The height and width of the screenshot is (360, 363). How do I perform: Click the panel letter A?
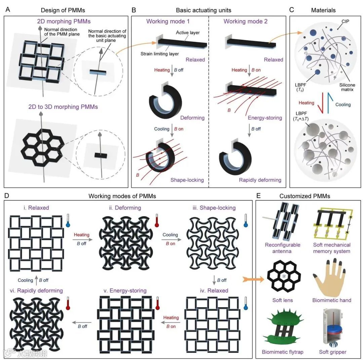click(8, 10)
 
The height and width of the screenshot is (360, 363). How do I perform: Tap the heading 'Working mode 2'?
click(245, 21)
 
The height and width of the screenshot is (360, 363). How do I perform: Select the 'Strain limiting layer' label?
click(160, 54)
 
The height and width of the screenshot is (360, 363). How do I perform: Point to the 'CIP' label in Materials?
click(345, 21)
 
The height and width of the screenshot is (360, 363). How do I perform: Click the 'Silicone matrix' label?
click(347, 87)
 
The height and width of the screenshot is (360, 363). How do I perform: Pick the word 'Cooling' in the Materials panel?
click(343, 105)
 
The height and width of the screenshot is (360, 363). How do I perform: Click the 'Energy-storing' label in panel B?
click(265, 118)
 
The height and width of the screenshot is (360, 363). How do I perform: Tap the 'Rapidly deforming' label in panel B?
click(260, 180)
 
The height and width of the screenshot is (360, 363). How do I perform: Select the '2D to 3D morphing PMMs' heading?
click(63, 107)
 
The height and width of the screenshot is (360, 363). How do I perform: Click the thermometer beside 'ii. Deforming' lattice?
click(157, 220)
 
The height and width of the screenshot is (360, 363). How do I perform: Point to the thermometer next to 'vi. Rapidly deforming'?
click(68, 303)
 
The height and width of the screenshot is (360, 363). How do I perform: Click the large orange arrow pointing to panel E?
click(253, 279)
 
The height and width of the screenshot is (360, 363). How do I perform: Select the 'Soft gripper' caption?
click(333, 352)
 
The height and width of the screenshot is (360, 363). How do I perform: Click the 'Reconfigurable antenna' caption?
click(282, 248)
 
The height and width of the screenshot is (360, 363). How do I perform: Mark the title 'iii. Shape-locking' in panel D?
click(214, 208)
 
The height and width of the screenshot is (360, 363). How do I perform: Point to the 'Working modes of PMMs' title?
click(122, 196)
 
